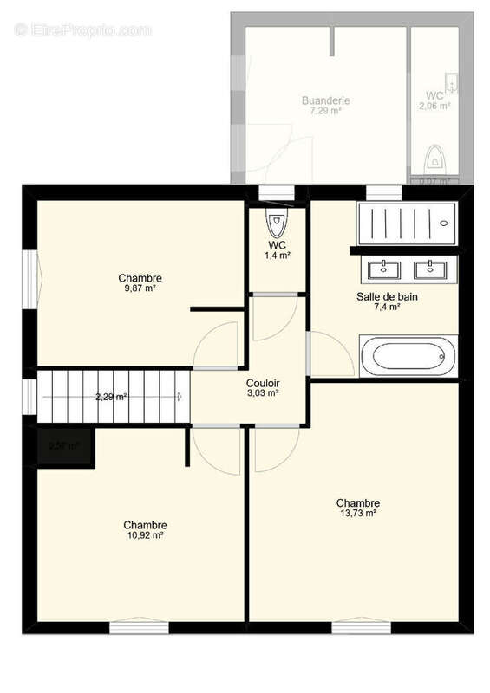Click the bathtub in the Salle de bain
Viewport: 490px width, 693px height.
click(406, 356)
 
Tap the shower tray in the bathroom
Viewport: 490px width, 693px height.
click(405, 223)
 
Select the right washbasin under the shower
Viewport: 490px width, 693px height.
click(428, 269)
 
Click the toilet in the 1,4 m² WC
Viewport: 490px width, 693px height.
click(276, 224)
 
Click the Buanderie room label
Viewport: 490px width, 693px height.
click(325, 101)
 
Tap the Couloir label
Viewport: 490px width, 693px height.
click(262, 381)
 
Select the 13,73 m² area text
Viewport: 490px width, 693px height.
click(357, 514)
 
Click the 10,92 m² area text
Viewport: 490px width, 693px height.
click(145, 535)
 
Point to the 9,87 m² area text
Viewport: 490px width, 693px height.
click(140, 288)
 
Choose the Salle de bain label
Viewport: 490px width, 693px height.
click(380, 295)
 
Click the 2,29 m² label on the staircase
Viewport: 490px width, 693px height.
click(111, 398)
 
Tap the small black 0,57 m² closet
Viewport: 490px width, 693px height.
click(64, 447)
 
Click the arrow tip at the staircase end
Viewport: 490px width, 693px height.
click(180, 397)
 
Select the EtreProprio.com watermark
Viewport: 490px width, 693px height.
click(82, 29)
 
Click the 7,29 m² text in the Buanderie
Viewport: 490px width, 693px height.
click(325, 112)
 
